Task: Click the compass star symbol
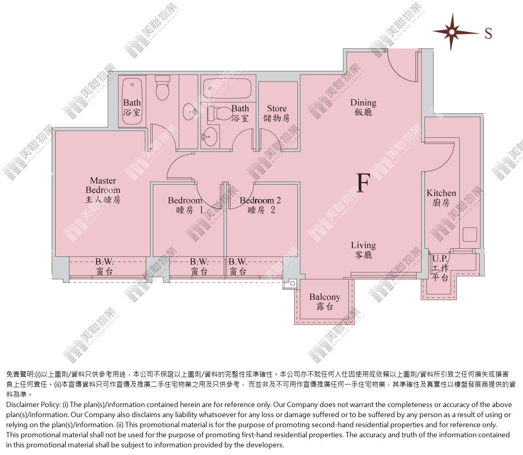(x=452, y=32)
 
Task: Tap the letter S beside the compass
(x=488, y=33)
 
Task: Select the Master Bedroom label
(x=103, y=190)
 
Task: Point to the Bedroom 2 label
(x=260, y=205)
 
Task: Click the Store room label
(x=276, y=113)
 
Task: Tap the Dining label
(x=363, y=108)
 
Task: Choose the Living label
(x=363, y=250)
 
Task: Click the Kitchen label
(x=441, y=198)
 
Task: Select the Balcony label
(x=324, y=301)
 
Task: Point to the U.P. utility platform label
(x=440, y=268)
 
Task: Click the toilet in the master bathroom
(x=162, y=88)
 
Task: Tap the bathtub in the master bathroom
(x=132, y=102)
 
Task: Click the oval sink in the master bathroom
(x=190, y=112)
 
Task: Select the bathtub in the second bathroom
(x=227, y=88)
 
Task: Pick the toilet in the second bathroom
(x=219, y=114)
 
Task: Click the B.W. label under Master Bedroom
(x=105, y=267)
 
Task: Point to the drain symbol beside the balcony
(x=293, y=283)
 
